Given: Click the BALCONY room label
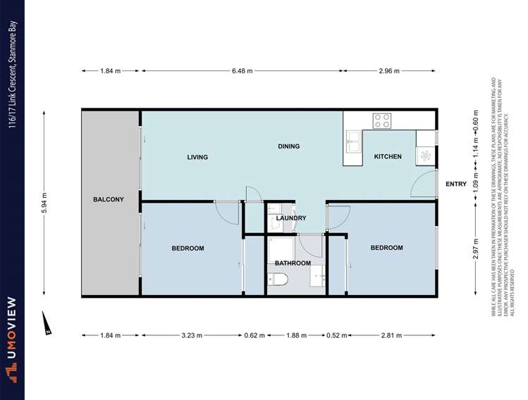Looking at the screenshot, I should click(108, 199).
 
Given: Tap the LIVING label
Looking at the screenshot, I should click(197, 157).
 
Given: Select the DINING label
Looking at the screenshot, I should click(288, 146).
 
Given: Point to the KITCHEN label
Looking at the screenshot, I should click(387, 156).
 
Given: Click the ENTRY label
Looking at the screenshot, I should click(456, 184).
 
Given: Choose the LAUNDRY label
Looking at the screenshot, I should click(290, 218).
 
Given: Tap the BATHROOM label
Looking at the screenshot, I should click(293, 263).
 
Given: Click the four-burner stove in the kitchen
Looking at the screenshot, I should click(382, 120).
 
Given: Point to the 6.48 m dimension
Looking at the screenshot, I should click(242, 71).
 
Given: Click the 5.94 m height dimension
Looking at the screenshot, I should click(44, 203).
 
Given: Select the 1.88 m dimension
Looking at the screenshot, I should click(295, 336).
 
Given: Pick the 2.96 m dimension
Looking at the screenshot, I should click(388, 71).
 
